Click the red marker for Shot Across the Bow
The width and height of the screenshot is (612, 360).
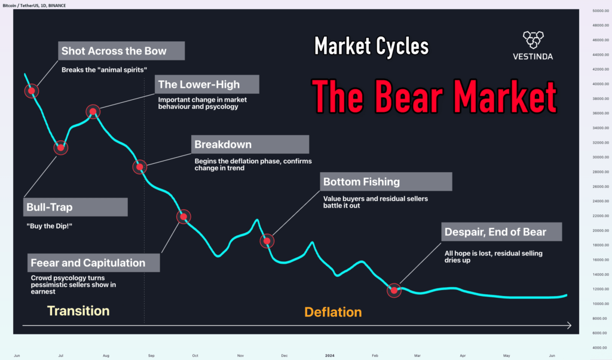point(32,91)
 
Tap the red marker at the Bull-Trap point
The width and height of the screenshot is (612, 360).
point(60,147)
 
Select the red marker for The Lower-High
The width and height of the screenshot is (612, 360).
point(93,111)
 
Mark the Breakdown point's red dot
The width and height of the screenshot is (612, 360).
point(140,167)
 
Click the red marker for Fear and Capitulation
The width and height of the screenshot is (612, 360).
point(184,217)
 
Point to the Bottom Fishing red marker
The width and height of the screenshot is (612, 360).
point(268,240)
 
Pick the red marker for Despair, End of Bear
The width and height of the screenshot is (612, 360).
point(394,290)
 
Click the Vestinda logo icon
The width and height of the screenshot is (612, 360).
point(533,39)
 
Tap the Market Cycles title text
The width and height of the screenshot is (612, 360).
point(371,46)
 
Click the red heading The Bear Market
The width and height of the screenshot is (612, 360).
point(434,96)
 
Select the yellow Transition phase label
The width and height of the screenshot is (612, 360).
point(78,311)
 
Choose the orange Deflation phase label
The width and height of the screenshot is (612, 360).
point(333,312)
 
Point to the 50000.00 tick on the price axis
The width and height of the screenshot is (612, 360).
point(596,11)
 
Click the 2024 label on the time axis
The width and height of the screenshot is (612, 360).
point(329,355)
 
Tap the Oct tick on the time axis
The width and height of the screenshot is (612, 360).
point(195,355)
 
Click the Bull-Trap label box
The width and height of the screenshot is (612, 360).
point(76,208)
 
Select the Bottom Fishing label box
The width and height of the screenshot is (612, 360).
point(385,182)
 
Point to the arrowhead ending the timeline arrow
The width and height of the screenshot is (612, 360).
point(568,325)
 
